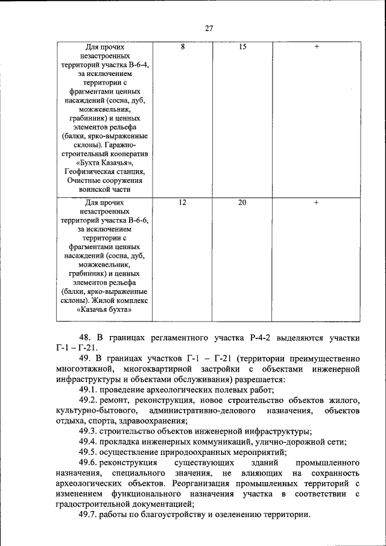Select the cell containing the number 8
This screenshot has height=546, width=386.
point(182,46)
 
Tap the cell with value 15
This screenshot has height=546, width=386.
point(242,46)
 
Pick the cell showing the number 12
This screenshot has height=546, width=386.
point(182,203)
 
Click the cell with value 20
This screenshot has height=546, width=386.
point(242,203)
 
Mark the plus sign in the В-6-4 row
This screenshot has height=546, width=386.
point(316,46)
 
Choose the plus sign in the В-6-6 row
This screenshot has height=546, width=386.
point(316,203)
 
